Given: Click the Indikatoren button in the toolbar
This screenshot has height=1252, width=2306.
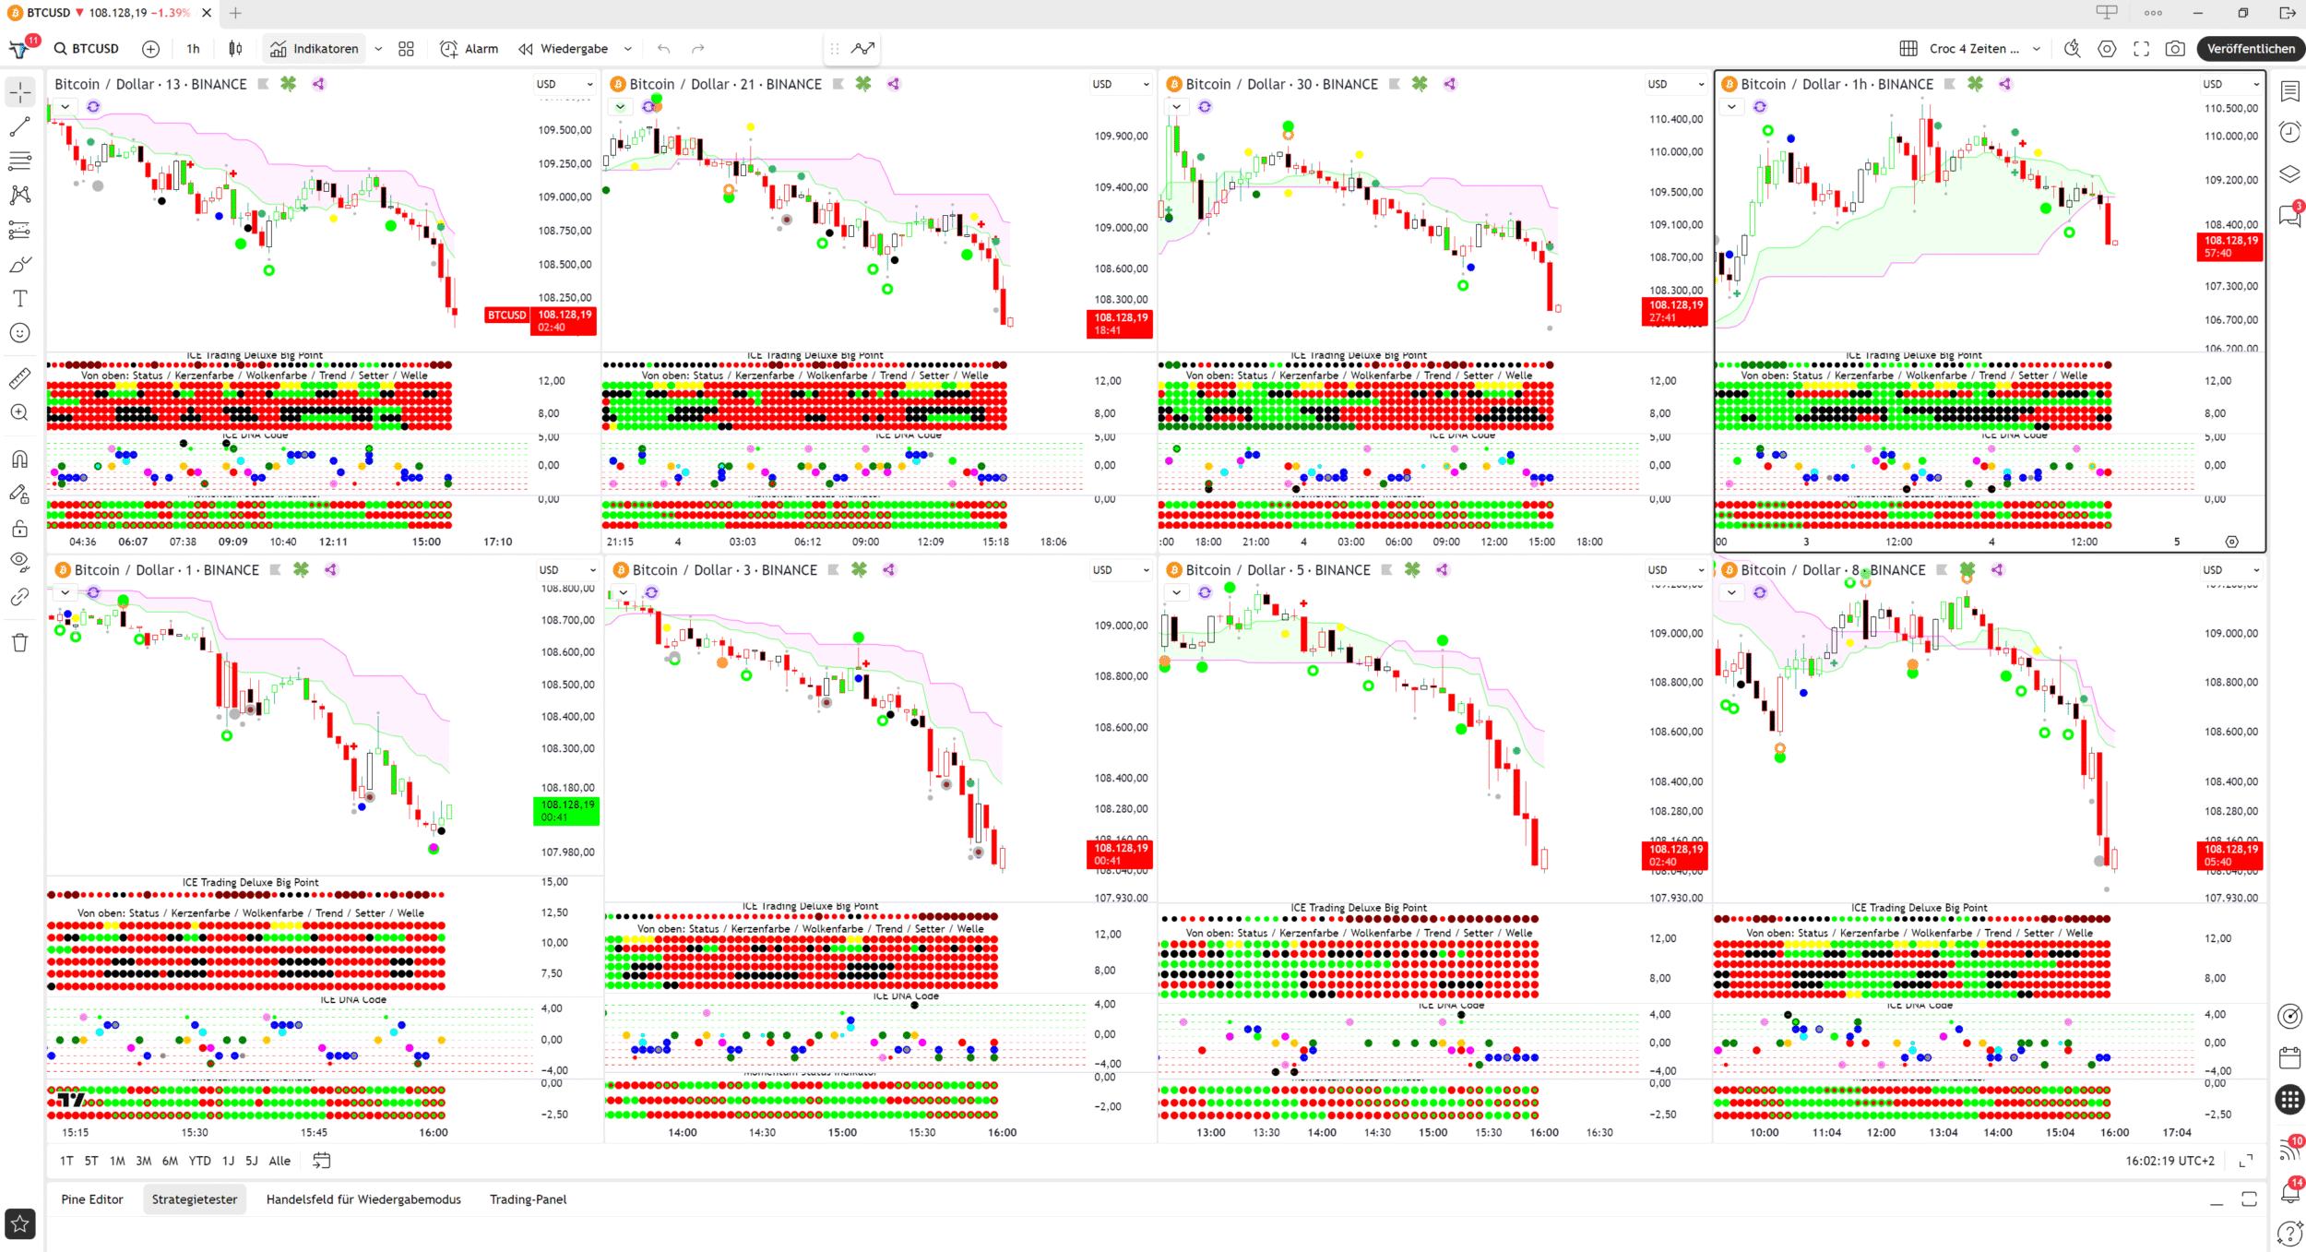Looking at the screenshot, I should pos(315,49).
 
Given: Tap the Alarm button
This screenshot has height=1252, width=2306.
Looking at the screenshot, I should pos(470,49).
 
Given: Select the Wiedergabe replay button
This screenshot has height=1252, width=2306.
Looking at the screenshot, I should pos(564,49).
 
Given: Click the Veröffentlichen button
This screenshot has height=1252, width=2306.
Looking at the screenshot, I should pos(2250,49).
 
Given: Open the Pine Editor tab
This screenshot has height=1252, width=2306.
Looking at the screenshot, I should pos(92,1199).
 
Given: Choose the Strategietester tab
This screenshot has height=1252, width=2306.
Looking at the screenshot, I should pos(195,1199).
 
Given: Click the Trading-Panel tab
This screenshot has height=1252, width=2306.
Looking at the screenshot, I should pos(528,1199).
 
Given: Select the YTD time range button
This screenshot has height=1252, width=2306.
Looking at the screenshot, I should pos(199,1161).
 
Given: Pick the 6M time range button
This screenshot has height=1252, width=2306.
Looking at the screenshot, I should pos(170,1161).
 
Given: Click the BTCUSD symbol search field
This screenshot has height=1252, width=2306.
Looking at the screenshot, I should pos(88,49).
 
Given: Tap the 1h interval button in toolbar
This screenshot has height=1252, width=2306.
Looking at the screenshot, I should pos(193,49).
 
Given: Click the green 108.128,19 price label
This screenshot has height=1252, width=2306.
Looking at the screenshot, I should pos(566,810).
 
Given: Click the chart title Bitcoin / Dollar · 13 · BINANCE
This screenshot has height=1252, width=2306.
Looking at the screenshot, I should pos(150,84).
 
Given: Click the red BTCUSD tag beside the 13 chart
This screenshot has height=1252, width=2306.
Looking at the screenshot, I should pos(506,316).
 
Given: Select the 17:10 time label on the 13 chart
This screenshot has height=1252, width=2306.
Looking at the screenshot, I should pos(498,542).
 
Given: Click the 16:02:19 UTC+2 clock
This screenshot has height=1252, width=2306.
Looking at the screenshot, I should pos(2169,1161).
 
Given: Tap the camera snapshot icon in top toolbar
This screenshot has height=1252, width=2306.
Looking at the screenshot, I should pos(2174,49).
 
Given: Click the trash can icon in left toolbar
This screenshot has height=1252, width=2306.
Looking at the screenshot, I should pos(19,642).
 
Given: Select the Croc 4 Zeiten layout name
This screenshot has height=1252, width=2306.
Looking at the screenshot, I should pos(1973,49).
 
